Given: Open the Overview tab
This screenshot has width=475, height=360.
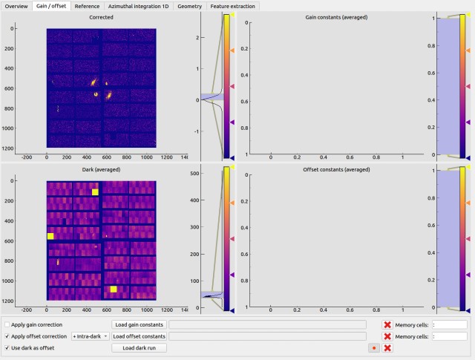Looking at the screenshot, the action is tap(16, 6).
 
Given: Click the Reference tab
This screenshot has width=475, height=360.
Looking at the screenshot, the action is tap(87, 6).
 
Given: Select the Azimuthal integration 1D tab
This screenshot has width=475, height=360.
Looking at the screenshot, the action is tap(139, 6).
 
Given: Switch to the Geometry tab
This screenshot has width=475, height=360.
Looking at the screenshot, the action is tap(190, 6).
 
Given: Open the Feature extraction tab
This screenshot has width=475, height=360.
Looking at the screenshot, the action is tap(232, 6).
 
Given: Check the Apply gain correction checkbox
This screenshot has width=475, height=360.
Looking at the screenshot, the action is tap(7, 324).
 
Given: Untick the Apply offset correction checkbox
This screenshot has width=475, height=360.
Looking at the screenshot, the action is tap(7, 336).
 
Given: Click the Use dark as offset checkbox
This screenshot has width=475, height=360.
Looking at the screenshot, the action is tap(7, 348).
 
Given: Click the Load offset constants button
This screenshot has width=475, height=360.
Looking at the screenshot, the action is tap(139, 336).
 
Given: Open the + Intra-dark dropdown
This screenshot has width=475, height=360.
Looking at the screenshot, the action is tap(91, 336).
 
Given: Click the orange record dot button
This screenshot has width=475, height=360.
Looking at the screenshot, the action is tap(374, 348).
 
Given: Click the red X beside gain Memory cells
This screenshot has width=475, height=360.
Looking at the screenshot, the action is tap(387, 325).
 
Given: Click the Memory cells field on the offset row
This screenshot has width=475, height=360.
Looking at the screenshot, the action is tap(450, 336).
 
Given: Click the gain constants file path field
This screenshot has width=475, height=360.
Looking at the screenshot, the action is tap(267, 324).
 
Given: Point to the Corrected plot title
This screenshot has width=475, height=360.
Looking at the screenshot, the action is tap(101, 17).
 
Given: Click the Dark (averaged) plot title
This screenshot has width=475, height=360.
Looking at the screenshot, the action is tap(101, 169).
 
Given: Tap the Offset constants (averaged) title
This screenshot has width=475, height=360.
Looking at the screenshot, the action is tap(336, 169).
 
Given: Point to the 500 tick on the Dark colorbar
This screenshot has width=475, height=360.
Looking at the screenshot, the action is tap(194, 174).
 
